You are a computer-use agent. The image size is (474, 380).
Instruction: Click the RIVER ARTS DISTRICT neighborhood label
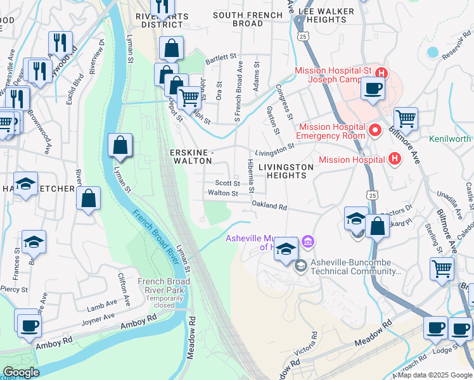[x=153, y=20]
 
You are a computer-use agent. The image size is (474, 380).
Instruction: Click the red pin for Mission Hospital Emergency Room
[x=375, y=131]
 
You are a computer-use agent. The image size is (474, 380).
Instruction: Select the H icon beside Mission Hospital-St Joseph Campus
[x=381, y=73]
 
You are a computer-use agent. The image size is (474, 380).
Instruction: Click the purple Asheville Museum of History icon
[x=308, y=241]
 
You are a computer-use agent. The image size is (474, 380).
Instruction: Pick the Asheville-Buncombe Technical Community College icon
[x=300, y=265]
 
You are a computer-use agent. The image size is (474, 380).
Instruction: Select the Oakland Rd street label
[x=269, y=206]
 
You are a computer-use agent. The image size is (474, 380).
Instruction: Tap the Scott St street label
[x=226, y=183]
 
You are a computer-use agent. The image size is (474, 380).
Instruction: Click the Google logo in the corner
[x=22, y=372]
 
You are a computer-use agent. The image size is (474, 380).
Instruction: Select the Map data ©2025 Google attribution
[x=434, y=375]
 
